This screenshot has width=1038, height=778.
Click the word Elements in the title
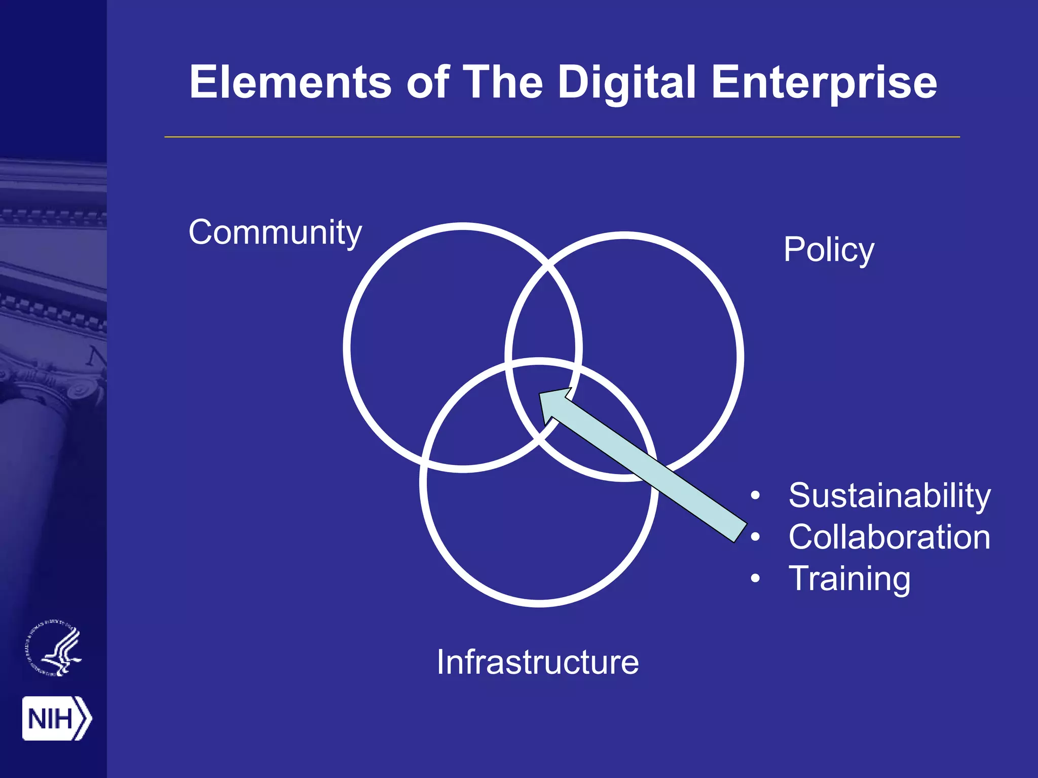coord(290,82)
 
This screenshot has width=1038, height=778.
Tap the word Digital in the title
coord(627,83)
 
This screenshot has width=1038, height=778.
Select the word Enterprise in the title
coord(824,83)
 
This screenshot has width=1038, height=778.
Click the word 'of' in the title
coord(428,82)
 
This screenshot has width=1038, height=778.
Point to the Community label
coord(275,233)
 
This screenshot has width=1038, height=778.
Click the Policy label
coord(829,250)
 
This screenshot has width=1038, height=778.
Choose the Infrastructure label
coord(538,662)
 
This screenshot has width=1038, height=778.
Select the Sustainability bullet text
coord(889,495)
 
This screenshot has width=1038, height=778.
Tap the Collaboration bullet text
coord(889,537)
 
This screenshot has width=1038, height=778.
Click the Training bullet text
coord(849,579)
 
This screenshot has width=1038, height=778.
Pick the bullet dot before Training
coord(755,578)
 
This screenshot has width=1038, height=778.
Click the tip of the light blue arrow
coord(541,395)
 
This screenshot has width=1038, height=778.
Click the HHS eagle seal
coord(54,649)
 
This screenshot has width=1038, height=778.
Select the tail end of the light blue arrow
coord(740,531)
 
